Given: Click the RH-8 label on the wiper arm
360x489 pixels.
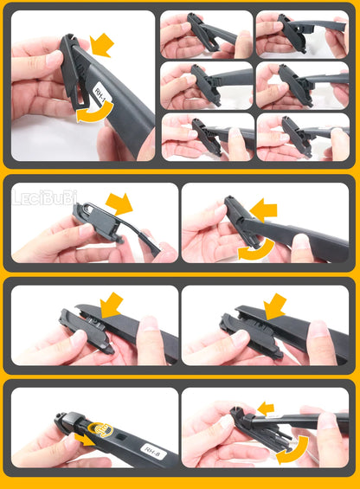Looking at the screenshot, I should coord(151,448).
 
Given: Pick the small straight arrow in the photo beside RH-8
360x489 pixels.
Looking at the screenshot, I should coord(265,407).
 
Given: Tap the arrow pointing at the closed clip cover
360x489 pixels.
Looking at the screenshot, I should coord(276,305).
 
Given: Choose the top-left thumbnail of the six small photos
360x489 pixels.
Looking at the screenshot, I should coord(206,35).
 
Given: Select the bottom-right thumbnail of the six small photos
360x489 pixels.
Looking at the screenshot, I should coord(302,137).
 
